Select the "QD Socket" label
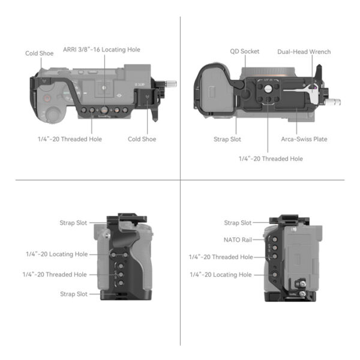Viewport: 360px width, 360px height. click(244, 52)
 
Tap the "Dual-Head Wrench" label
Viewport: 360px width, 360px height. click(304, 52)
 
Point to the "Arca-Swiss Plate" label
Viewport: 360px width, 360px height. click(304, 139)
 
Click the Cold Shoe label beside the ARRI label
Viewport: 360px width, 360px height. click(40, 53)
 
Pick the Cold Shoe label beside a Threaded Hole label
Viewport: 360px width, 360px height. click(142, 139)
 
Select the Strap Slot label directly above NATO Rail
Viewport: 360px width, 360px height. click(238, 223)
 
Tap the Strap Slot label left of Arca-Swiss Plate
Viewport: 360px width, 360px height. click(227, 139)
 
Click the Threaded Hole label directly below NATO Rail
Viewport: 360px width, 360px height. click(221, 257)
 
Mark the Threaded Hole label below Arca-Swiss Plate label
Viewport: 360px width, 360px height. click(271, 158)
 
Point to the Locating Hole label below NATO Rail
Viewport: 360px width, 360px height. click(221, 274)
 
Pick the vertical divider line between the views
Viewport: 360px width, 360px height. click(181, 180)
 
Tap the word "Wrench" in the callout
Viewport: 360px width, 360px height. click(318, 52)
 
